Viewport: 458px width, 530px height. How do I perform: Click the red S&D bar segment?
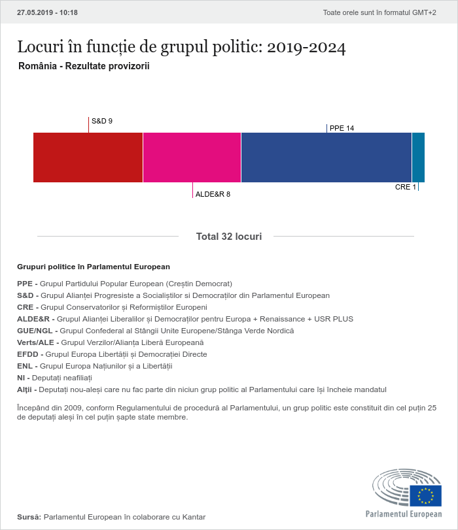click(x=88, y=157)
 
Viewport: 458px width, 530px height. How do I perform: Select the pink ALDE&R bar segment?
click(x=192, y=157)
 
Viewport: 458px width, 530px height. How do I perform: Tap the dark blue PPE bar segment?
click(x=326, y=157)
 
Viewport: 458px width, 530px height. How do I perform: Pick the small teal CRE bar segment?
click(x=418, y=157)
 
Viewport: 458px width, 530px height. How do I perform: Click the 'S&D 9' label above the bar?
click(x=102, y=121)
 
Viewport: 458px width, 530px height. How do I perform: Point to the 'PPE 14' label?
click(x=342, y=128)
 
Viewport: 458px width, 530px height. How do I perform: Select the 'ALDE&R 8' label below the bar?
click(x=213, y=194)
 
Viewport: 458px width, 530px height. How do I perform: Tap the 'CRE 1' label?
click(x=406, y=187)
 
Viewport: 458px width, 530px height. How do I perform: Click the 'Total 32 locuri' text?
click(x=229, y=237)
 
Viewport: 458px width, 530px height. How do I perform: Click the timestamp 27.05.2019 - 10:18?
click(x=47, y=12)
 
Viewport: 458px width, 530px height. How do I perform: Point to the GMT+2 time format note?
click(x=379, y=12)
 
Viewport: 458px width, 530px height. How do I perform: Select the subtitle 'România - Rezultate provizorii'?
click(x=84, y=66)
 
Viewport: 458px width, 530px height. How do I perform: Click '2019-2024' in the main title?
click(x=306, y=47)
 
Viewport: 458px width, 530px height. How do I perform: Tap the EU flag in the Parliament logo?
click(x=425, y=496)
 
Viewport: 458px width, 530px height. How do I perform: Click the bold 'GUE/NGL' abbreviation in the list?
click(x=35, y=331)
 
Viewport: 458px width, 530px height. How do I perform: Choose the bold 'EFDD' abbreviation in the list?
click(x=27, y=354)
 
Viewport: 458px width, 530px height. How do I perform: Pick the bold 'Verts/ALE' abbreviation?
click(x=35, y=342)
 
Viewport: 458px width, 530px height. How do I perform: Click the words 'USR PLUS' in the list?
click(x=334, y=319)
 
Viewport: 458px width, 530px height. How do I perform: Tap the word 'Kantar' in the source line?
click(x=194, y=517)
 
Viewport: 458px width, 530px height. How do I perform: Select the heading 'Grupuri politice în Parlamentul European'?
click(x=94, y=267)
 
